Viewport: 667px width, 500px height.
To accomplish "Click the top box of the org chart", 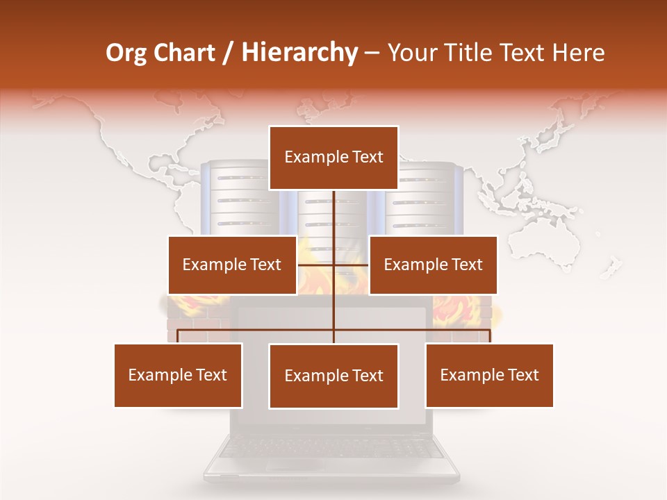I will (333, 158).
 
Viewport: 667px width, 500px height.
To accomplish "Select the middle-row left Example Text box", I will (231, 265).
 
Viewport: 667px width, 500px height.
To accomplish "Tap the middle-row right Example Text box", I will (433, 265).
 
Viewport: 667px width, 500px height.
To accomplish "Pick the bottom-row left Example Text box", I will (178, 375).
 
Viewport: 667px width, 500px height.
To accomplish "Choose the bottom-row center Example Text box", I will (333, 376).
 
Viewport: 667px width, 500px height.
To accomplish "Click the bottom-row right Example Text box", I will (489, 375).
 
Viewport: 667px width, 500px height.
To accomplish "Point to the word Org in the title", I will (126, 53).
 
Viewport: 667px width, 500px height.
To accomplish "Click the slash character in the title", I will (229, 53).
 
